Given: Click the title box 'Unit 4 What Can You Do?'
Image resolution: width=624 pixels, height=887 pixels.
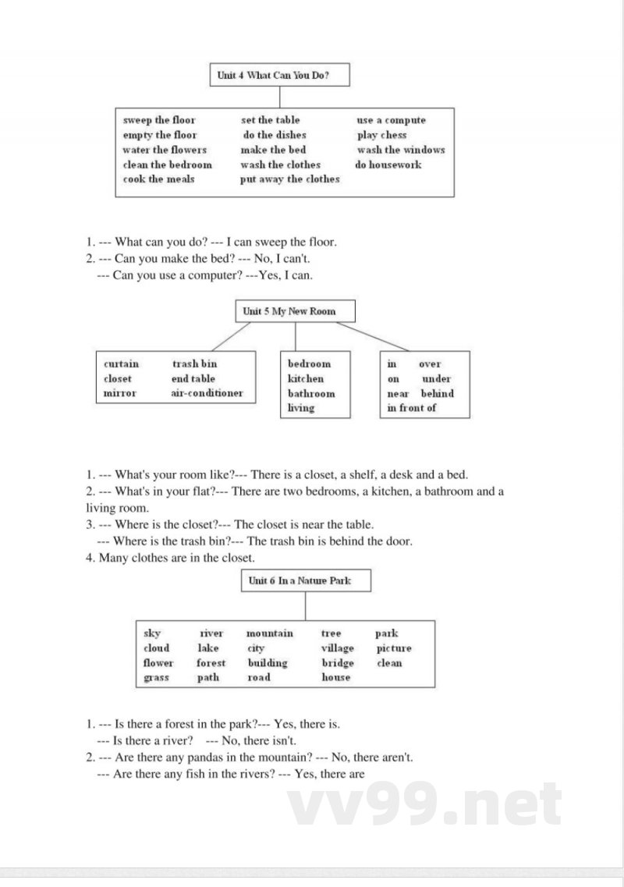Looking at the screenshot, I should (x=279, y=75).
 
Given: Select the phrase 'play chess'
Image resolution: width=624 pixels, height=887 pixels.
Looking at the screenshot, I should (x=382, y=135).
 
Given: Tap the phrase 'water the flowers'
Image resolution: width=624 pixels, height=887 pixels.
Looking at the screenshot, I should (x=165, y=150).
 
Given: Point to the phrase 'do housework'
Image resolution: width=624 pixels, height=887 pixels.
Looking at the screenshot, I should (x=388, y=165).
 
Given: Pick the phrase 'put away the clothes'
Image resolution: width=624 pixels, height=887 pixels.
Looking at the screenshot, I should (x=290, y=179).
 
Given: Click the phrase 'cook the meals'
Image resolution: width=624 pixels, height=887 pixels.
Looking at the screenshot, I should (x=158, y=179).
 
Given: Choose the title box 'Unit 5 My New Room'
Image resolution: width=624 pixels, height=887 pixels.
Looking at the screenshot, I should (x=295, y=311).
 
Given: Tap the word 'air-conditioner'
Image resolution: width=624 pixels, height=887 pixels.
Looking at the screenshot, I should (x=207, y=394).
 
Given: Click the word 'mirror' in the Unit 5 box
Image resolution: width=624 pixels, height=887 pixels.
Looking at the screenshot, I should (x=119, y=394).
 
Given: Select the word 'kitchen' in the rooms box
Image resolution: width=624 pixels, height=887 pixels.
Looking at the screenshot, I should (x=306, y=379).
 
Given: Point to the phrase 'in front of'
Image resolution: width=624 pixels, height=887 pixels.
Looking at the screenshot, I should (x=412, y=408).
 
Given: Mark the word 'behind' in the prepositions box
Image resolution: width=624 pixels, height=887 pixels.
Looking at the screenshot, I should (x=438, y=394).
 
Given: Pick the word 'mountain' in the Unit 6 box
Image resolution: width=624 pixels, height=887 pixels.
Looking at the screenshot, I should (x=270, y=633).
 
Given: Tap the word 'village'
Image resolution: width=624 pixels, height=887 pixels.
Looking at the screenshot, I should (x=338, y=648).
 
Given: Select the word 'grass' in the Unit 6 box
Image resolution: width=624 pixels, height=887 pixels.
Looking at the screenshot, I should (x=157, y=678).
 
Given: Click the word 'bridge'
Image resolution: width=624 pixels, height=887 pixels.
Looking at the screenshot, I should (x=338, y=663).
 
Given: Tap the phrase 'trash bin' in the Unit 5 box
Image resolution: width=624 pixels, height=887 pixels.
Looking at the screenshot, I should (x=194, y=364).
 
